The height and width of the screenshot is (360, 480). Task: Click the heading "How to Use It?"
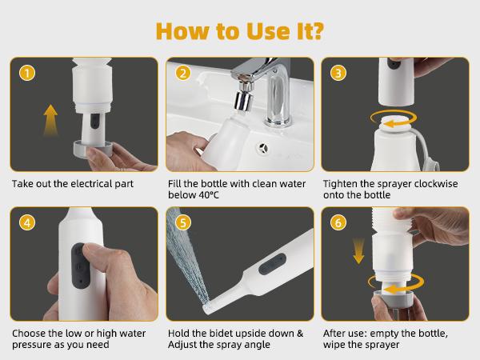(240, 30)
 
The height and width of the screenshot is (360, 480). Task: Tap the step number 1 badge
(28, 74)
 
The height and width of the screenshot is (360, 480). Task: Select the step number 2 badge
(184, 74)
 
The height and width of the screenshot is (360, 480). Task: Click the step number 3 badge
(339, 74)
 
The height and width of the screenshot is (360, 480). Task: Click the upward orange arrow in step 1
(50, 125)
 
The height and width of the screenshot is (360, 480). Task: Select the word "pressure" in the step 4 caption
(31, 346)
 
